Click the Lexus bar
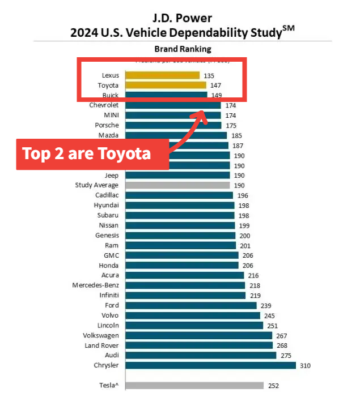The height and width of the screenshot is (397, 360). tap(162, 75)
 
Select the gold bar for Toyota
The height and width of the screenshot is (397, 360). tap(166, 86)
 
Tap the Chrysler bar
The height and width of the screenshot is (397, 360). tap(210, 365)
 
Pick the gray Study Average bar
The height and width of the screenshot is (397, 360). tap(177, 185)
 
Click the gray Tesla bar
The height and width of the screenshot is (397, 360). tap(194, 386)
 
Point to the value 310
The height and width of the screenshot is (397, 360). tap(305, 366)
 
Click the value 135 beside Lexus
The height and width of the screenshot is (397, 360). tap(209, 75)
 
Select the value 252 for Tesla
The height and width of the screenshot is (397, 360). tap(273, 386)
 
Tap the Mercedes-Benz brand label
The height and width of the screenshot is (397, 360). tap(95, 285)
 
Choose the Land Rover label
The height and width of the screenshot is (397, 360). tap(100, 345)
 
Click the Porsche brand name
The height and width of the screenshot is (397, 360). tap(107, 125)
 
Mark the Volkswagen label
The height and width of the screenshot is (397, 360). tap(101, 335)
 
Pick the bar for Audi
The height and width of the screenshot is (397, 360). tap(200, 355)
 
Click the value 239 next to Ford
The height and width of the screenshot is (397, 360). tap(266, 306)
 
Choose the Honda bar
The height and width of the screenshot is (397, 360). tap(181, 265)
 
